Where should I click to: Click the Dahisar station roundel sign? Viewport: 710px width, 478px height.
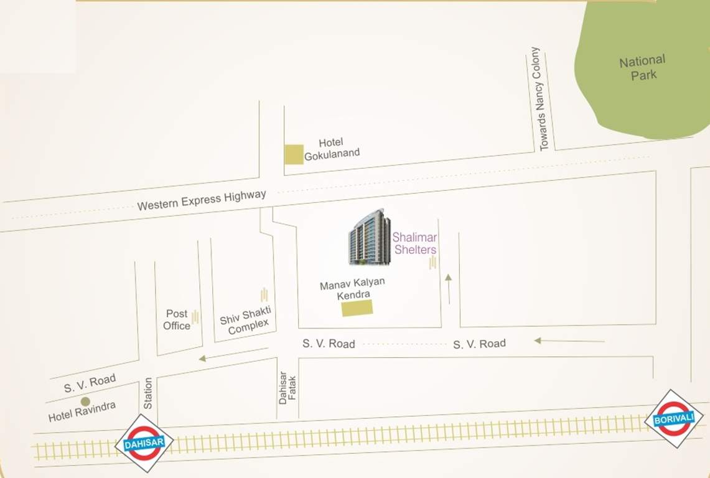click(x=144, y=443)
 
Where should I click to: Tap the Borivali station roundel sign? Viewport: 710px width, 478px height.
click(x=674, y=418)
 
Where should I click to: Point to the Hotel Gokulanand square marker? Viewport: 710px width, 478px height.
click(x=294, y=154)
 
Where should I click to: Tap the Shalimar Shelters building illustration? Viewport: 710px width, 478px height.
click(x=369, y=237)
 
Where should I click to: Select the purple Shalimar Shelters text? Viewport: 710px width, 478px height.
click(x=415, y=243)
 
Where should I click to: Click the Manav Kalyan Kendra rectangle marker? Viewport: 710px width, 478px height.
click(x=357, y=307)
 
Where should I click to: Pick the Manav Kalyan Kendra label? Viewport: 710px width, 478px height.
click(x=353, y=289)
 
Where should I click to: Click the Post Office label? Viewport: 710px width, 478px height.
click(x=177, y=320)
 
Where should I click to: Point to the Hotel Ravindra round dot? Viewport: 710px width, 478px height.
click(x=85, y=401)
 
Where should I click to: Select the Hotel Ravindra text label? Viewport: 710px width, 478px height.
click(x=82, y=412)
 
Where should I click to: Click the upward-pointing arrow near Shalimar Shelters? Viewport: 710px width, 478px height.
click(x=448, y=288)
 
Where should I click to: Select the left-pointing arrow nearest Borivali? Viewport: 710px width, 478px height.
click(x=569, y=340)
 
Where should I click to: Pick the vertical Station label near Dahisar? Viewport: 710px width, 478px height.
click(x=148, y=393)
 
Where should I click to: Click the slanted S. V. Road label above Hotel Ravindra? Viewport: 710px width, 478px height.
click(x=90, y=383)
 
